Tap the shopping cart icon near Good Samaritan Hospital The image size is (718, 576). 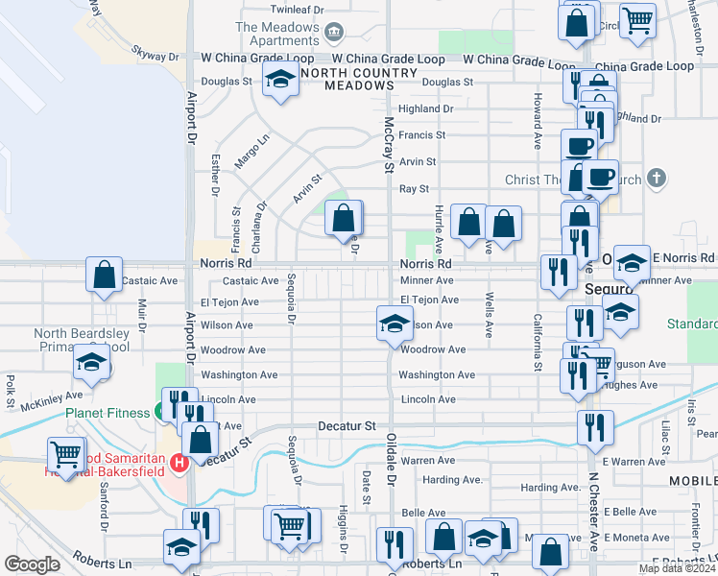click(x=65, y=453)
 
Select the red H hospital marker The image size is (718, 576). click(x=178, y=464)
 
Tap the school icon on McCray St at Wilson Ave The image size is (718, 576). click(x=394, y=324)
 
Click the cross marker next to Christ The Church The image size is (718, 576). click(x=656, y=180)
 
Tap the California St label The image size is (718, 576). click(x=538, y=331)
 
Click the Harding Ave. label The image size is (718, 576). click(x=452, y=479)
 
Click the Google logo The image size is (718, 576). click(x=33, y=564)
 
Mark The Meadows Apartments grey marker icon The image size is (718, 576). click(x=333, y=34)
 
